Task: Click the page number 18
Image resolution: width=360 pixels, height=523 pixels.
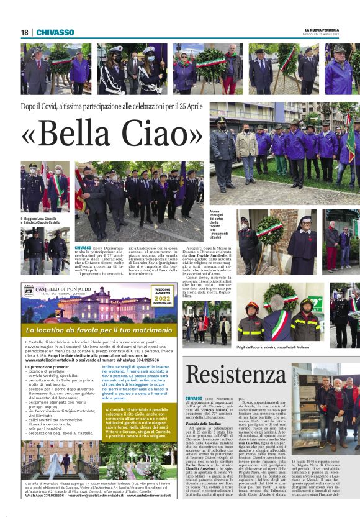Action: click(25, 33)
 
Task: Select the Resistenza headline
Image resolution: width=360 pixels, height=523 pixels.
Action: click(236, 375)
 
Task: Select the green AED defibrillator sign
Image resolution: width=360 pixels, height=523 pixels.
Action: click(316, 299)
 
